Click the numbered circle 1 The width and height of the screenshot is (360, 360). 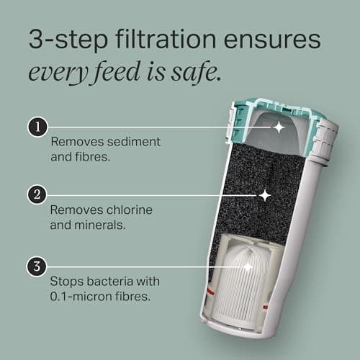pos(37,127)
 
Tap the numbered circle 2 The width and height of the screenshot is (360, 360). pos(37,194)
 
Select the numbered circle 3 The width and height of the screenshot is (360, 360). pos(37,266)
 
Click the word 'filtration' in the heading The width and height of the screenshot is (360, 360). pos(166,39)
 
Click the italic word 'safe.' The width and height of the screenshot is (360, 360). pos(196,71)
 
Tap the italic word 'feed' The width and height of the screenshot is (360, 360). pos(117,71)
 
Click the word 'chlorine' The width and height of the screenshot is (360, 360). pos(129,210)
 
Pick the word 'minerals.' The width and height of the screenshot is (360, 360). pos(99,225)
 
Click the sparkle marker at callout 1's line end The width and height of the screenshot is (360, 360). pos(279,127)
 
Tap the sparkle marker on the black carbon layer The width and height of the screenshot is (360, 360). pos(265,196)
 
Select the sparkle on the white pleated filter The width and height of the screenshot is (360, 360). pos(248,266)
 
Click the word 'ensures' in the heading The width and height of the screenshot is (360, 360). pos(272,40)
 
